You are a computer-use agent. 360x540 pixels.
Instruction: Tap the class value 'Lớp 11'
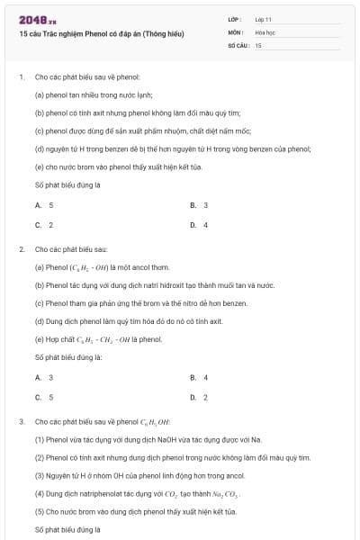click(x=264, y=19)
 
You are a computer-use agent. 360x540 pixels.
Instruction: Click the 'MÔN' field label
click(x=235, y=31)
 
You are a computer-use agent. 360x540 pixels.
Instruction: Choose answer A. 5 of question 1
click(x=44, y=205)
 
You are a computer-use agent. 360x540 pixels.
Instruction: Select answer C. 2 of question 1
click(x=44, y=224)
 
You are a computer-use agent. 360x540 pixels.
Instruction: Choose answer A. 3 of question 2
click(x=44, y=377)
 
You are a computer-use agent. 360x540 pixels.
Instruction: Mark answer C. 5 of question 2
click(x=44, y=397)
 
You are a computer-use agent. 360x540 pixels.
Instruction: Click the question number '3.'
click(x=22, y=421)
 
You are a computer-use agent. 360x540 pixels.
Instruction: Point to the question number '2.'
click(x=22, y=248)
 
